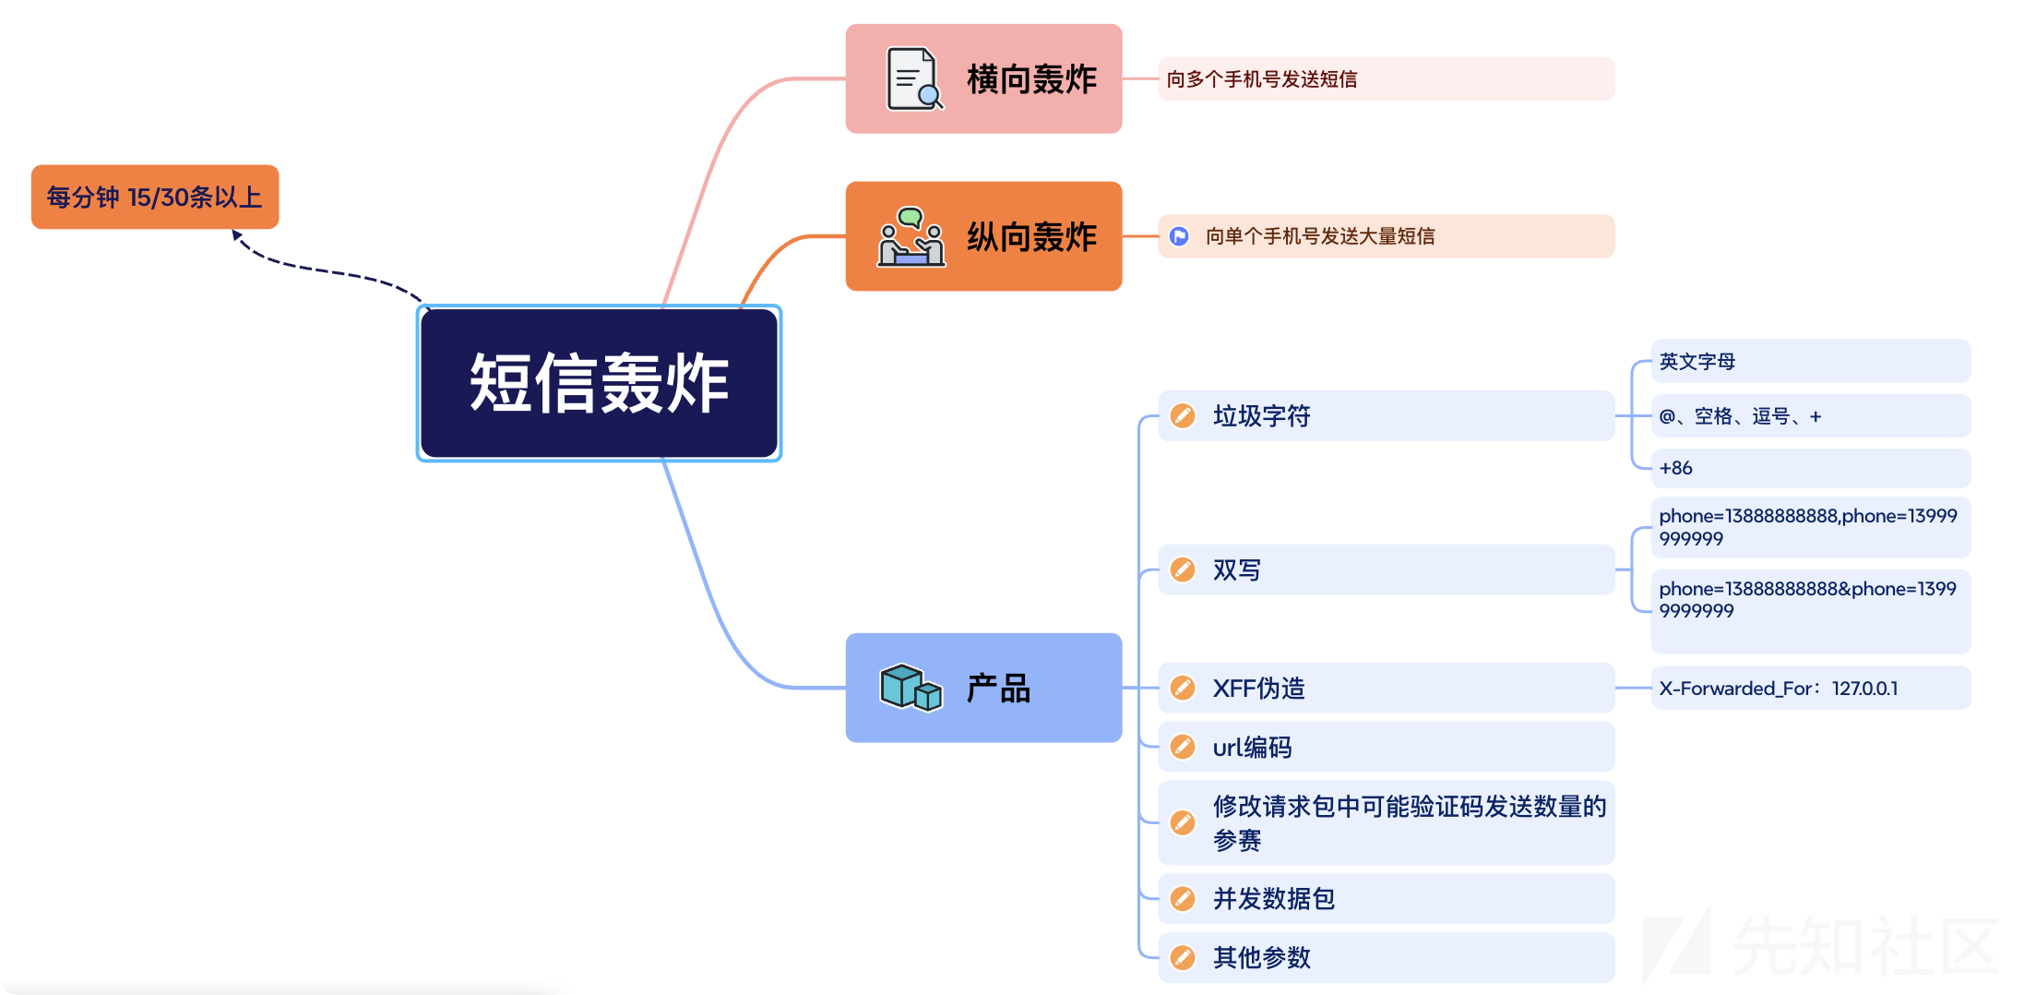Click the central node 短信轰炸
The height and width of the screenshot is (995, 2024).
[x=599, y=383]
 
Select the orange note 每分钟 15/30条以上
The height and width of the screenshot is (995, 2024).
[x=155, y=197]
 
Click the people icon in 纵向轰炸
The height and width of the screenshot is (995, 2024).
[x=911, y=237]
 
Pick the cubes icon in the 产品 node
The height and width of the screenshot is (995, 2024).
[x=911, y=688]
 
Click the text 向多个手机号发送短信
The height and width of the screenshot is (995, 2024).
[x=1262, y=79]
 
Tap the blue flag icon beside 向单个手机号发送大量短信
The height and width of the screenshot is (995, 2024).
[x=1179, y=236]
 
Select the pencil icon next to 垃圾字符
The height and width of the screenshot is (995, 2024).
[x=1183, y=416]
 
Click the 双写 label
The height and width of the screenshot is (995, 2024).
[x=1237, y=570]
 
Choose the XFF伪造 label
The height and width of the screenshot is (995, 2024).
[x=1258, y=689]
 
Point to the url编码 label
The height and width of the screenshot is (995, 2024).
[x=1252, y=748]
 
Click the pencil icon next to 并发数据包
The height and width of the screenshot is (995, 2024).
[x=1183, y=899]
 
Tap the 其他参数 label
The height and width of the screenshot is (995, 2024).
[x=1262, y=958]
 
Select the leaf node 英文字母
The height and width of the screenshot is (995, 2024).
[x=1697, y=362]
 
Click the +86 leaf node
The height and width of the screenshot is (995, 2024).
[x=1676, y=468]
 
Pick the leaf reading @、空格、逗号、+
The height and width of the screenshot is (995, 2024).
[x=1740, y=416]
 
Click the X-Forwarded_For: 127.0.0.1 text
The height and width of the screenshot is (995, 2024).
[x=1779, y=689]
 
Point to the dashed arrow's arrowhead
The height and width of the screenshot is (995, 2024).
[x=237, y=235]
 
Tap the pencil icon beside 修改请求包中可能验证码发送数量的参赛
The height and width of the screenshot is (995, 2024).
[x=1183, y=822]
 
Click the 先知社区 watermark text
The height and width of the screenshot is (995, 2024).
[x=1863, y=945]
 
